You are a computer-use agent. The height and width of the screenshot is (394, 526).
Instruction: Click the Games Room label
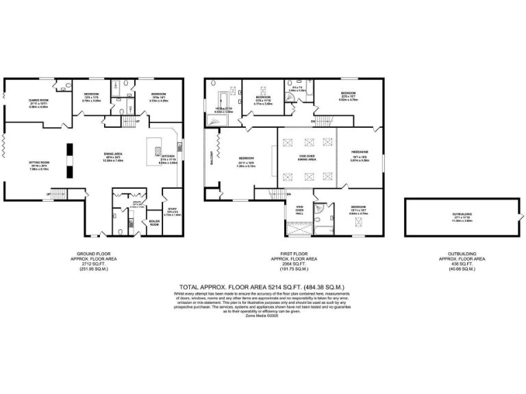click(x=38, y=103)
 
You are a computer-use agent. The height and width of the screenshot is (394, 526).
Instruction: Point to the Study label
click(x=173, y=209)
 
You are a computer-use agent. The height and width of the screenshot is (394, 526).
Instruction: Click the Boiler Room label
click(x=154, y=223)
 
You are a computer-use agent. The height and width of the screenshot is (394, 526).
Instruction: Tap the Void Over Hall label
click(x=299, y=208)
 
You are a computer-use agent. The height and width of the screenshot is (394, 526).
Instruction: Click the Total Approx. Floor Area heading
click(x=262, y=287)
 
